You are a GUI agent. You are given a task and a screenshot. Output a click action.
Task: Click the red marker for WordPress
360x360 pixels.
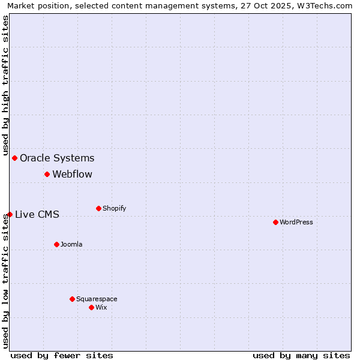coord(275,222)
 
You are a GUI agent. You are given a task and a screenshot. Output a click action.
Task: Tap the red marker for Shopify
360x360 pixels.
coord(98,208)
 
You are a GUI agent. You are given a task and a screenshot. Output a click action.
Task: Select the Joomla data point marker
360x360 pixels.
coord(56,244)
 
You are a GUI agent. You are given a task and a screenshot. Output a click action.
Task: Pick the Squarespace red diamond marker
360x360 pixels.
coord(72,299)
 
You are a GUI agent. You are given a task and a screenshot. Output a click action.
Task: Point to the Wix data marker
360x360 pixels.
coord(91,307)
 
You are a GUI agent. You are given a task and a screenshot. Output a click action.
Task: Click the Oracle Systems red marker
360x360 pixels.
coord(14,158)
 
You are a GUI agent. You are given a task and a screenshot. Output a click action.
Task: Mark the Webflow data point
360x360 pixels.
coord(47,174)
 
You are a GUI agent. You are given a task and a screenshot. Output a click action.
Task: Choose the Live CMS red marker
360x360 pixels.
coord(10,214)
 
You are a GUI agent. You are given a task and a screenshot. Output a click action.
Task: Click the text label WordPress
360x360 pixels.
coord(296,222)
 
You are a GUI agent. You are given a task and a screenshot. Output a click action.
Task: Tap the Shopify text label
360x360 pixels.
coord(114,208)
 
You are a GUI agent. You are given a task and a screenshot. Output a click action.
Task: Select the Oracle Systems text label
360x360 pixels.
coord(57,158)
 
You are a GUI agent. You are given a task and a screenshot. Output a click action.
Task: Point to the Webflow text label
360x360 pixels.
coord(73,175)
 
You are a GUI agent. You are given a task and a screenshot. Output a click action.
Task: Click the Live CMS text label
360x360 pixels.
coord(37,215)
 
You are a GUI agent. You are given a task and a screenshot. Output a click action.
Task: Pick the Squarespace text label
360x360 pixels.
coord(97,299)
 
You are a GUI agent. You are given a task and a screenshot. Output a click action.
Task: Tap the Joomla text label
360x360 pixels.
coord(71,244)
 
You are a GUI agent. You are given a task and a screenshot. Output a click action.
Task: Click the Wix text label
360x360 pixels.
coord(101,307)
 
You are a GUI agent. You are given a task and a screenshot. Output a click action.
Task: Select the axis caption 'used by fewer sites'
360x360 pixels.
coord(62,355)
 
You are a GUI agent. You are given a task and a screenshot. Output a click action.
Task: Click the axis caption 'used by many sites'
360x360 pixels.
coord(301,355)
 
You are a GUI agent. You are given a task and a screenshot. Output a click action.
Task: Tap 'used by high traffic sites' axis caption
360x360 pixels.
coord(6,84)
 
